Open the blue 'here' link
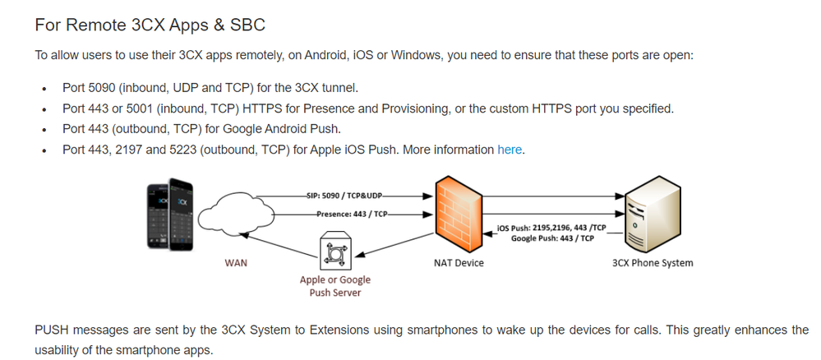pyautogui.click(x=510, y=150)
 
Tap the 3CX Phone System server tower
pyautogui.click(x=651, y=218)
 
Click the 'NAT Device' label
pyautogui.click(x=459, y=263)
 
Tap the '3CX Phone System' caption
pyautogui.click(x=653, y=263)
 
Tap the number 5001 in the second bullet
pyautogui.click(x=147, y=108)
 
